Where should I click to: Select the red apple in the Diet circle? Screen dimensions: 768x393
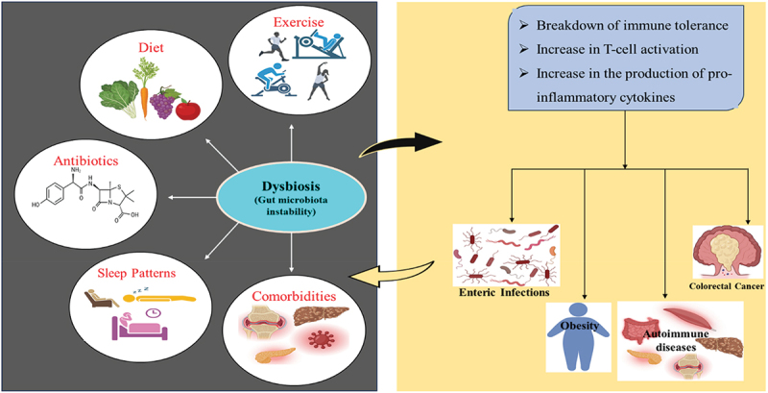coord(187,109)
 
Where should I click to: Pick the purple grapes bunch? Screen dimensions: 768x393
coord(162,103)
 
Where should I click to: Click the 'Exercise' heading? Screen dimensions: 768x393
coord(293,10)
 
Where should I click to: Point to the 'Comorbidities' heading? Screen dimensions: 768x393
coord(294,297)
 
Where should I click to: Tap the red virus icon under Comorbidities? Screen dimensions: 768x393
coord(321,338)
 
